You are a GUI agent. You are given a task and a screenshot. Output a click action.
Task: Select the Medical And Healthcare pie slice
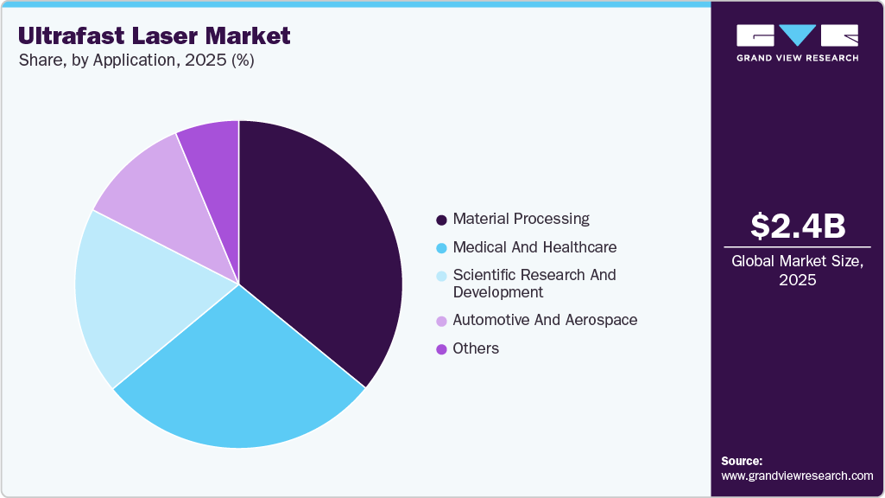242,380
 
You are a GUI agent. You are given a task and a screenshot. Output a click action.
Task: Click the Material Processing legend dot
442,220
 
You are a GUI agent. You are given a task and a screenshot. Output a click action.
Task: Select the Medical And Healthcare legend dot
442,248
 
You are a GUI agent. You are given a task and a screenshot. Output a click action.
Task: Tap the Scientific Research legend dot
442,276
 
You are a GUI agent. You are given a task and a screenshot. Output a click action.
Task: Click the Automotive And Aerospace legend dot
442,321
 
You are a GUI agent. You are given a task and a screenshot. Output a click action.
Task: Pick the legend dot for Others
442,349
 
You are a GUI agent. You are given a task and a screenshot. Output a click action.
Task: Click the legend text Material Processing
521,219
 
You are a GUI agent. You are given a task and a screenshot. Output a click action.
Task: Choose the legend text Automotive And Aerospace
545,320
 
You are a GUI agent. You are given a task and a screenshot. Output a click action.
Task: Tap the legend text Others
476,348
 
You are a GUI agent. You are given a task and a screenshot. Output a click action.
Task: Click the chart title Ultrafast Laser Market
154,35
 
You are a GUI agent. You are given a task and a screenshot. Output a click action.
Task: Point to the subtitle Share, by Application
136,61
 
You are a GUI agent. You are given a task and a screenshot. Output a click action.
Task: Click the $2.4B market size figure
797,226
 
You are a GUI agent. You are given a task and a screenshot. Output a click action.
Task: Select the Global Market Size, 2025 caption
797,270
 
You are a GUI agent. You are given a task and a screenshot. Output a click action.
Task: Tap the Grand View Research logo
797,42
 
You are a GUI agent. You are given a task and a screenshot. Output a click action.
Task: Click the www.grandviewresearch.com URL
797,476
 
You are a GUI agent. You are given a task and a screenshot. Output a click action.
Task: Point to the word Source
742,461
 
